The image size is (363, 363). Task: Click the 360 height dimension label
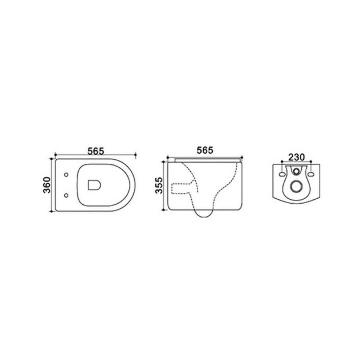[x=46, y=185]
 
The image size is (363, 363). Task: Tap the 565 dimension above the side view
[x=205, y=150]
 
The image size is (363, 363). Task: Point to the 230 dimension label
[x=297, y=157]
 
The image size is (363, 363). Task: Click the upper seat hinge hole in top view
[x=66, y=175]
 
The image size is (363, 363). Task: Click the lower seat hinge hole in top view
[x=66, y=196]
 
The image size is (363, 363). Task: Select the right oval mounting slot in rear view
[x=311, y=175]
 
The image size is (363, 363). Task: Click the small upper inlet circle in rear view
[x=297, y=171]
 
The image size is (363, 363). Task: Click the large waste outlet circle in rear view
[x=297, y=187]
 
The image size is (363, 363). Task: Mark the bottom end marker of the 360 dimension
[x=51, y=211]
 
